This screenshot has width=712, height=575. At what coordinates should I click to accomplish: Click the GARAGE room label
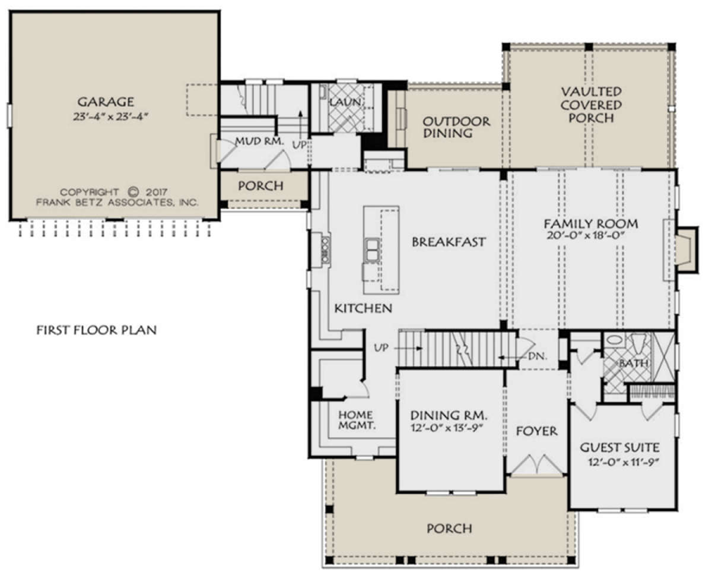pos(106,102)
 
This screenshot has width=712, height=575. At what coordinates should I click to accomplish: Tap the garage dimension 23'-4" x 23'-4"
pos(110,117)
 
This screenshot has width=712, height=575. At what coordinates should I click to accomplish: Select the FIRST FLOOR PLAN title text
pos(96,330)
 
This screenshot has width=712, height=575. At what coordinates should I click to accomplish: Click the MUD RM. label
pos(260,141)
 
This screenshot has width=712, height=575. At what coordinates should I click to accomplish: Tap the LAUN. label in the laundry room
pos(345,102)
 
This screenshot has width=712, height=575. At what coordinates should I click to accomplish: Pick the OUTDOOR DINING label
pos(456,127)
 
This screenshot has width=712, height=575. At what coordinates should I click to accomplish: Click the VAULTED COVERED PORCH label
pos(591,105)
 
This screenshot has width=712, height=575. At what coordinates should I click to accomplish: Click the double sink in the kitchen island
pos(372,250)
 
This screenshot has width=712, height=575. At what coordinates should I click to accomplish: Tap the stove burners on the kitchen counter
pos(326,250)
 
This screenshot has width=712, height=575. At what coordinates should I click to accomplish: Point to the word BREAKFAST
pos(449,242)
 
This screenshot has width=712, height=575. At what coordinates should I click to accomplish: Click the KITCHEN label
pos(363,308)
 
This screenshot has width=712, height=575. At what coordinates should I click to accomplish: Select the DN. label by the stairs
pos(538,356)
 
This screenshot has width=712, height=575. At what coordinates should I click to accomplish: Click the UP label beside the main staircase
pos(381,347)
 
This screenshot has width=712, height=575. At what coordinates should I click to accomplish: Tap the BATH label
pos(633,363)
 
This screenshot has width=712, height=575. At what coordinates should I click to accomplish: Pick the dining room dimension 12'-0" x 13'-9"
pos(447,428)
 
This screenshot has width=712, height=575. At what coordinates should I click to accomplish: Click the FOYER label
pos(536,431)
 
